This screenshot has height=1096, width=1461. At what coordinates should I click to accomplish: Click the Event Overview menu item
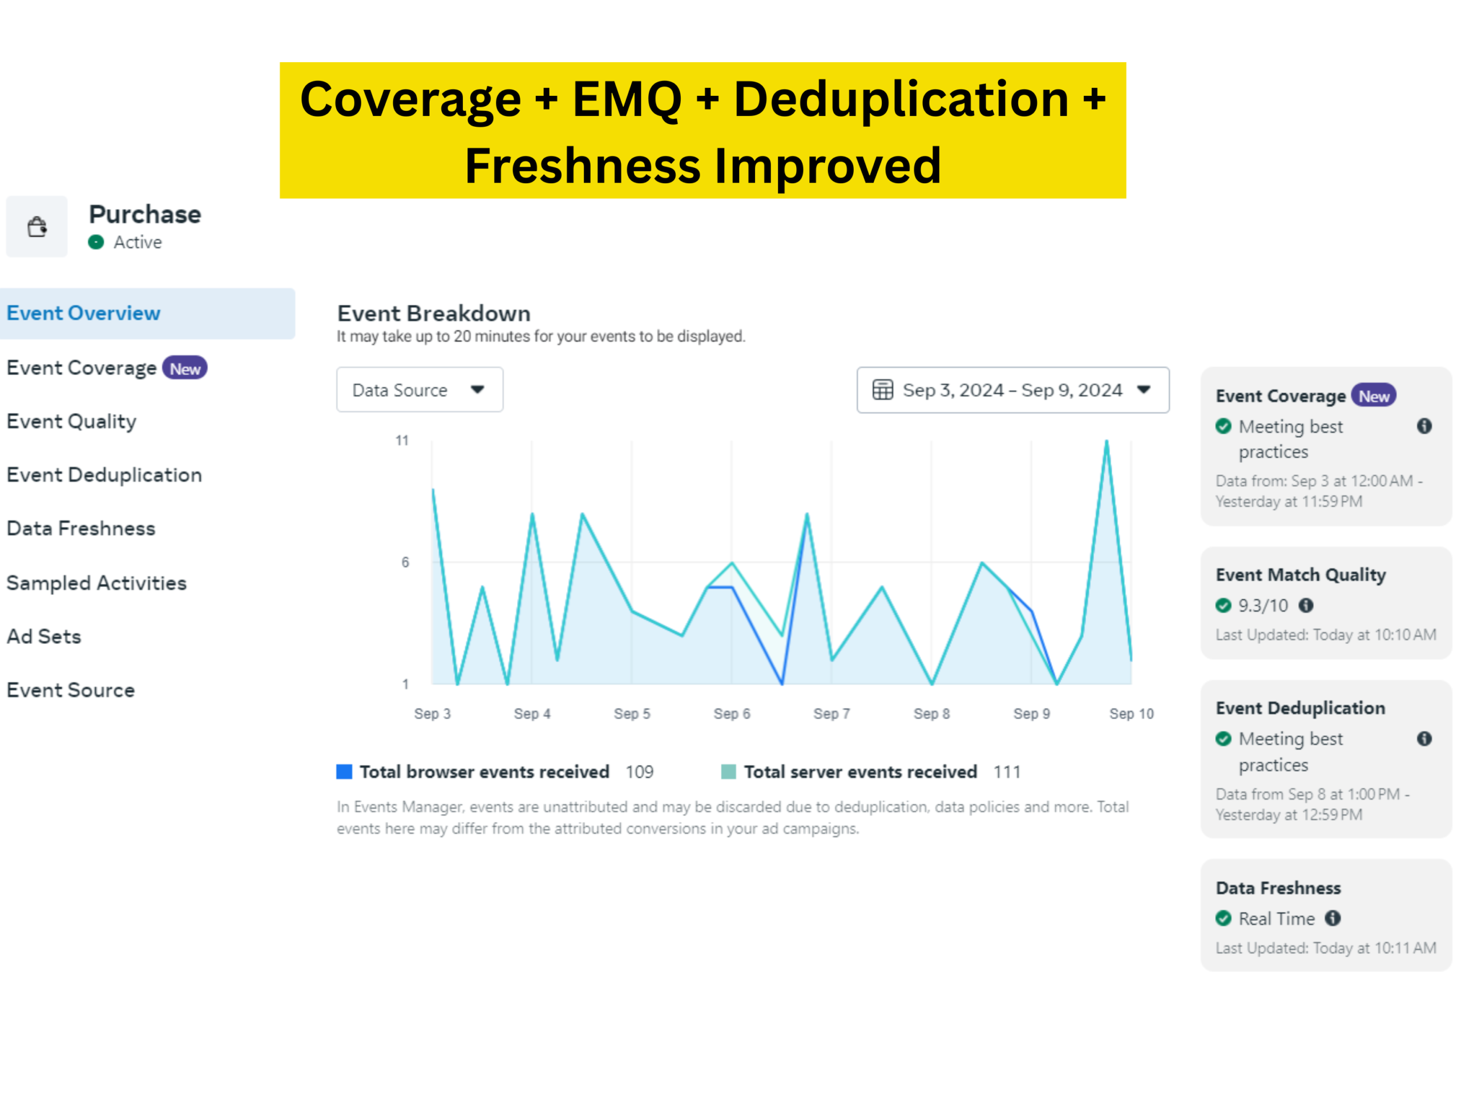click(x=83, y=313)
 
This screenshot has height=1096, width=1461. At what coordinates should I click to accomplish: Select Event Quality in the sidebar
click(x=71, y=421)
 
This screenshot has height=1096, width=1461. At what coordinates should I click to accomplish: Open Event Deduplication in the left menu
click(x=104, y=475)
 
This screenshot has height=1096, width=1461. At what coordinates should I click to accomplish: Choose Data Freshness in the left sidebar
click(x=80, y=529)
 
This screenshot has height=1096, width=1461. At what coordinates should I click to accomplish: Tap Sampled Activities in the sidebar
click(x=96, y=583)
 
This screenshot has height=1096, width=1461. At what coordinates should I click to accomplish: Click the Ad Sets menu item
click(x=43, y=636)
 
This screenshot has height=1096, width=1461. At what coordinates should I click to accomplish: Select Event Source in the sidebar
click(x=71, y=690)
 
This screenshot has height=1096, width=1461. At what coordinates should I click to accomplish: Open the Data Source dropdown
click(x=419, y=390)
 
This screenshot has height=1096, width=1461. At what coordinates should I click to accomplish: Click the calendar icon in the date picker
click(x=882, y=390)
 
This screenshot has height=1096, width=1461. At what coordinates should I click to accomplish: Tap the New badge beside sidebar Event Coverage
click(x=185, y=368)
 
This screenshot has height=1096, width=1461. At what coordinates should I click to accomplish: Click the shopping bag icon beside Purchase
click(x=37, y=227)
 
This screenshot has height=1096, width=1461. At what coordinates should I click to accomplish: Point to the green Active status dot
click(x=96, y=243)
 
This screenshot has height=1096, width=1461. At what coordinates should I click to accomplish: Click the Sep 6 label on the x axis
click(x=732, y=714)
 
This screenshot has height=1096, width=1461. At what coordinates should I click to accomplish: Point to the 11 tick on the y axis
click(x=402, y=441)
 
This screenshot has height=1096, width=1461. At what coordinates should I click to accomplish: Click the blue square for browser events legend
click(x=344, y=772)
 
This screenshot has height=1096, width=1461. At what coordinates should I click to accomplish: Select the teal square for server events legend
click(x=729, y=772)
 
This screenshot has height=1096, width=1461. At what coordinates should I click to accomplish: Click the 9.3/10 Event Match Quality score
click(x=1263, y=606)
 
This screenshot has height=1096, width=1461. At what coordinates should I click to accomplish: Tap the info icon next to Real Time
click(x=1333, y=918)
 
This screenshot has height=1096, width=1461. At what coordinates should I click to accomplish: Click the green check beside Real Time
click(x=1223, y=918)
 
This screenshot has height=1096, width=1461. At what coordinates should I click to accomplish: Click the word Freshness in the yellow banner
click(x=583, y=165)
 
